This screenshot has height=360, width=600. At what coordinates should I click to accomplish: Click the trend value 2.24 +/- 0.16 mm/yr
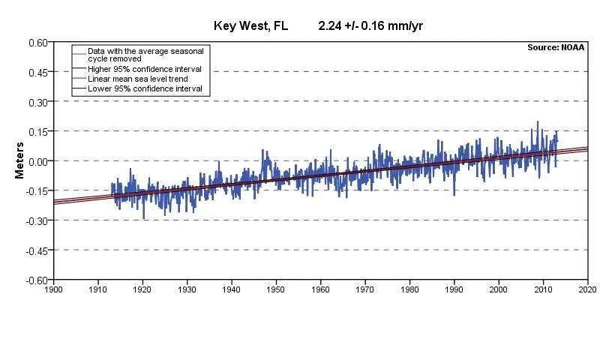[x=372, y=25]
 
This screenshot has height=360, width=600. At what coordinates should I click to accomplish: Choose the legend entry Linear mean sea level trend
[x=137, y=79]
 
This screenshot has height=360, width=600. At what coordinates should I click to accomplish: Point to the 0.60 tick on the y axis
[x=37, y=43]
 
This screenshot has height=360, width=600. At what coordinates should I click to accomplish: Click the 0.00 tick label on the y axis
[x=37, y=161]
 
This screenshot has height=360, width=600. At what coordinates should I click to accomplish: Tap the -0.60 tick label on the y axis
[x=36, y=280]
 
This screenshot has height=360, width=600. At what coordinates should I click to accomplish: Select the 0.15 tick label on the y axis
[x=37, y=131]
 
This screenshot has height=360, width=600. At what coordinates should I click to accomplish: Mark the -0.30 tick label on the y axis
[x=36, y=220]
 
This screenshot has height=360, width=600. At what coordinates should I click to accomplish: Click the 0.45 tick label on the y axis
[x=37, y=72]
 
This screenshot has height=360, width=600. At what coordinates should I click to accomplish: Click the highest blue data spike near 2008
[x=537, y=122]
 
